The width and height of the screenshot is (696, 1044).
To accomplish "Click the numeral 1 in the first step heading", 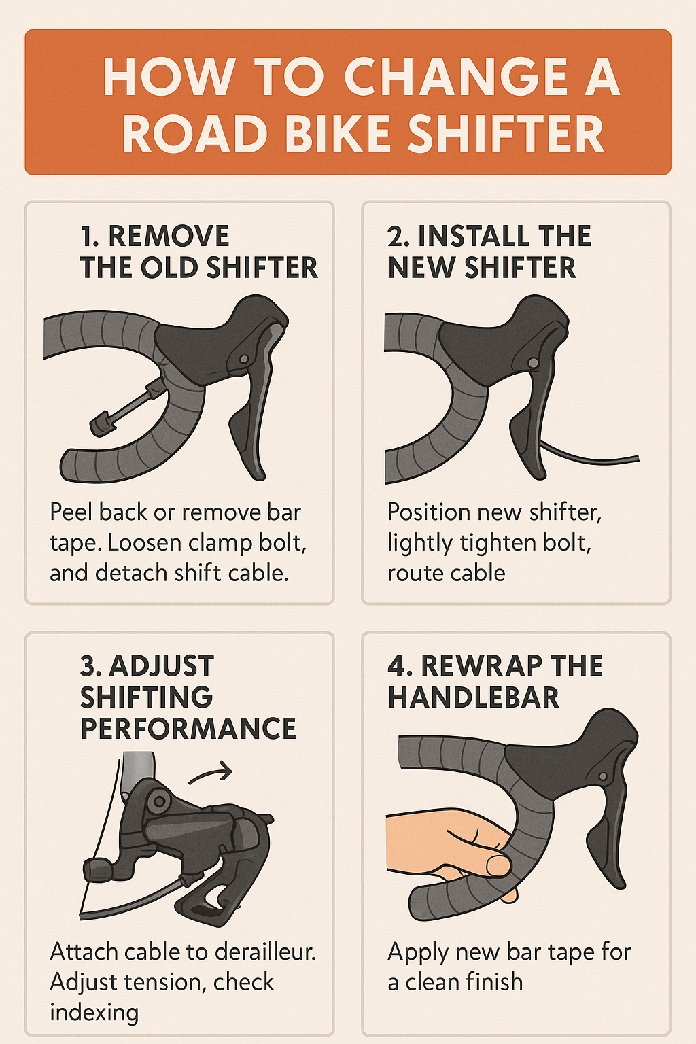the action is pos(87,236).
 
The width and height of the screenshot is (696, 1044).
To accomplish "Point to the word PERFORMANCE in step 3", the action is pos(188,728).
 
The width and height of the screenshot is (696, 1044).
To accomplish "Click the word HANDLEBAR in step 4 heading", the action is pos(473,697).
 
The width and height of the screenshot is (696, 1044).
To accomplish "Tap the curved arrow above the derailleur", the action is pos(210,773).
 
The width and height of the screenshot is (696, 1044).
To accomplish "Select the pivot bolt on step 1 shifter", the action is pos(243,359).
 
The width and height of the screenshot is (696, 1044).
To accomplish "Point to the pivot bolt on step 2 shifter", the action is pos(533,362).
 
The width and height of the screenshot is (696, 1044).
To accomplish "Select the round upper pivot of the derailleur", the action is pos(158,801).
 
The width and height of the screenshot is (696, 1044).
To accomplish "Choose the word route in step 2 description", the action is pos(413,574).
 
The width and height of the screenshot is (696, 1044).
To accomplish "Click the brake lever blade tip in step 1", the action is pos(258,475).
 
